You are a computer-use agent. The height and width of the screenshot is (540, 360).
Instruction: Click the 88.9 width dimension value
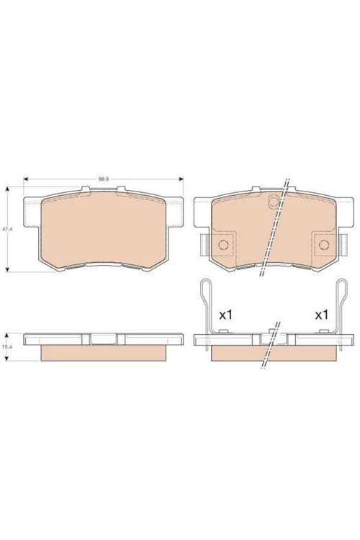tap(103, 179)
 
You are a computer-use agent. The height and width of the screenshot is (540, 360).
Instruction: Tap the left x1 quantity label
tap(226, 315)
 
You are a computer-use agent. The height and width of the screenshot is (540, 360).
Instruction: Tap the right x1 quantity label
tap(321, 315)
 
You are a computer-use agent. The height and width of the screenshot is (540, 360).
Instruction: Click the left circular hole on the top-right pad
tap(224, 245)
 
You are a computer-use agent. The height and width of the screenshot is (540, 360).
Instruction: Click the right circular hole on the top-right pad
tap(324, 245)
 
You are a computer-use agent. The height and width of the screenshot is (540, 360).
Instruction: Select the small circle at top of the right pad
tap(273, 202)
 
